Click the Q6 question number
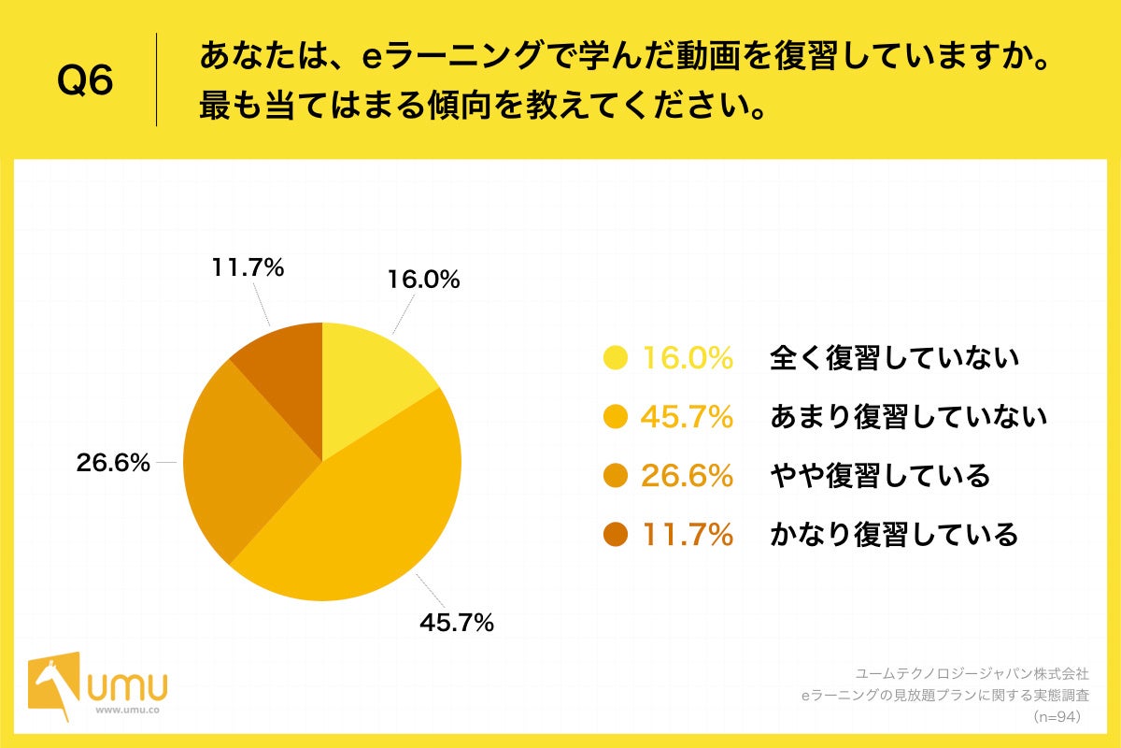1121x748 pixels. [85, 81]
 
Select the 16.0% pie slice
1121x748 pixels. [369, 379]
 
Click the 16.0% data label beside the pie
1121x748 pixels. [423, 280]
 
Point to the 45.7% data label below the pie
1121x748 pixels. [457, 623]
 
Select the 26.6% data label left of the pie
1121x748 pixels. [113, 463]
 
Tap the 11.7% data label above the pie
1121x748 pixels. [248, 268]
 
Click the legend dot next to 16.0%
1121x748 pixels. [616, 358]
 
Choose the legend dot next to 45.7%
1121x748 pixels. [616, 417]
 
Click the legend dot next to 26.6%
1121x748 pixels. [616, 476]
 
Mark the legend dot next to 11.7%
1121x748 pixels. [616, 535]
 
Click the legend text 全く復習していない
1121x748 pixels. [894, 358]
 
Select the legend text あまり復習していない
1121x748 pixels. [908, 417]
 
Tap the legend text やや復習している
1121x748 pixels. [879, 476]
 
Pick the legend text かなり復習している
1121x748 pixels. [894, 535]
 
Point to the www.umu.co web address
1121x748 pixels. [126, 710]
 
